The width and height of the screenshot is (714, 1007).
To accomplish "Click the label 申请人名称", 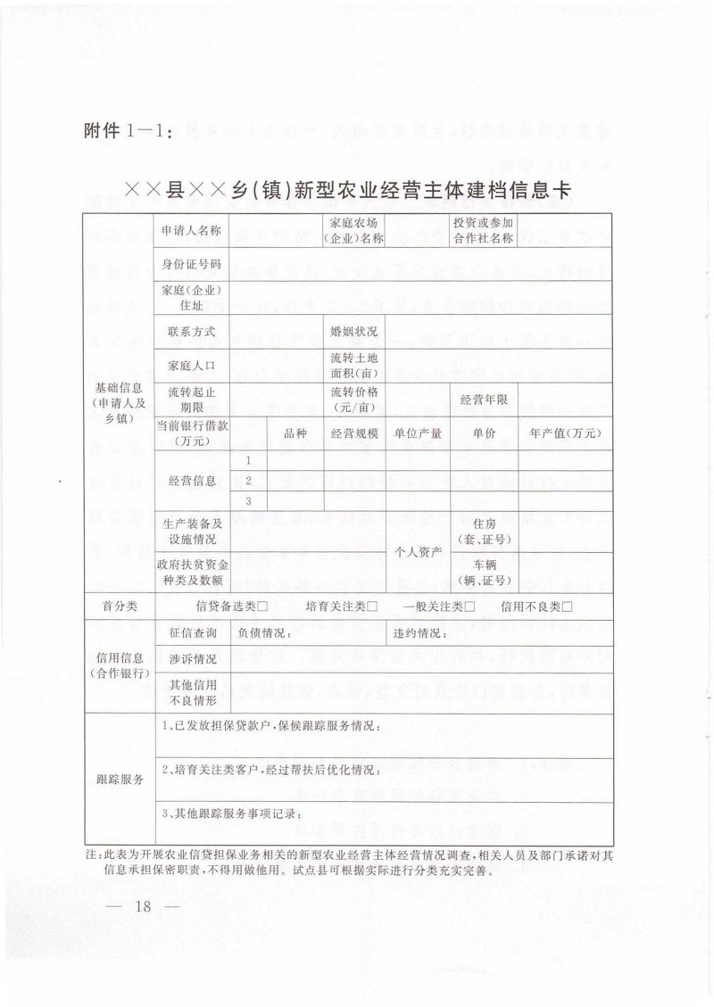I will point(191,230).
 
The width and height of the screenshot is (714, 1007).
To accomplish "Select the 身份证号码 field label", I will point(191,263).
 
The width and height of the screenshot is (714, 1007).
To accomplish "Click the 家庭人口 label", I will point(191,364).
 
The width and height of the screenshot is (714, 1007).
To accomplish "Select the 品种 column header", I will point(295,433).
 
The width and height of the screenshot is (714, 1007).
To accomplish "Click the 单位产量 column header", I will point(419,433).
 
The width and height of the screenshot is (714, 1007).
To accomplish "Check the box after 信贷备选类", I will point(263,607).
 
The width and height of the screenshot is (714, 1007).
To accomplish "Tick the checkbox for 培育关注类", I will point(371,607).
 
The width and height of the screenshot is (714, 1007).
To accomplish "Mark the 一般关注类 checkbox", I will point(469,607).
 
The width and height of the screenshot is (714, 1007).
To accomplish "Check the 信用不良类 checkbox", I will point(567,607).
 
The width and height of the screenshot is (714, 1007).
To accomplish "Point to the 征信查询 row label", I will point(192,633).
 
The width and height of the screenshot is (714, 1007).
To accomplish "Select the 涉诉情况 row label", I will point(192,659).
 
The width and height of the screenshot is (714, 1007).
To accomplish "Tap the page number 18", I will point(143,907).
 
